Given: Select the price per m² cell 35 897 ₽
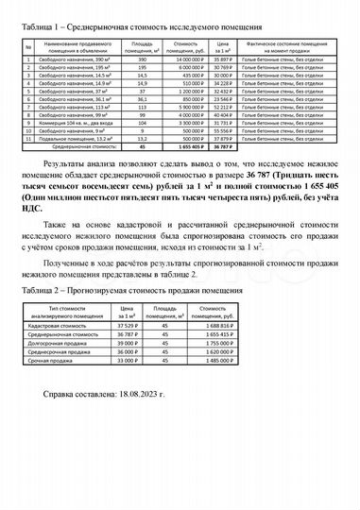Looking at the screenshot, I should tap(223, 59).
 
